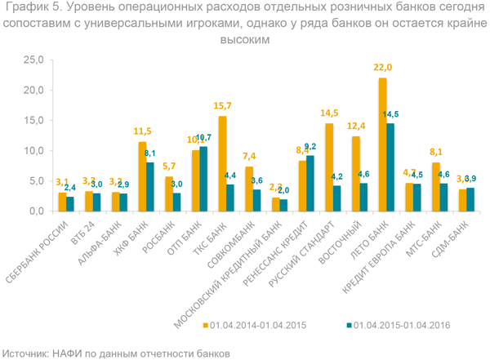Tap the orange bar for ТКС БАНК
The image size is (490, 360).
click(222, 163)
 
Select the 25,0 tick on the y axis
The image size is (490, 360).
click(33, 60)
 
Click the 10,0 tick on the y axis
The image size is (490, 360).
click(33, 151)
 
